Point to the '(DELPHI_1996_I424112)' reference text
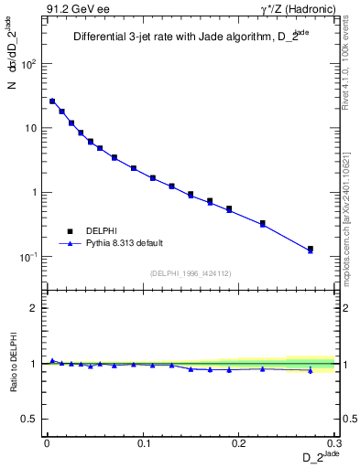click(x=191, y=272)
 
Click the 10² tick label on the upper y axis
click(x=30, y=65)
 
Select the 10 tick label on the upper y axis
click(x=30, y=129)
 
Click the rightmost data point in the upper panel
click(x=311, y=249)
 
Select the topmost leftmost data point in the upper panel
click(x=52, y=101)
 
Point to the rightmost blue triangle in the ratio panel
click(x=311, y=370)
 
